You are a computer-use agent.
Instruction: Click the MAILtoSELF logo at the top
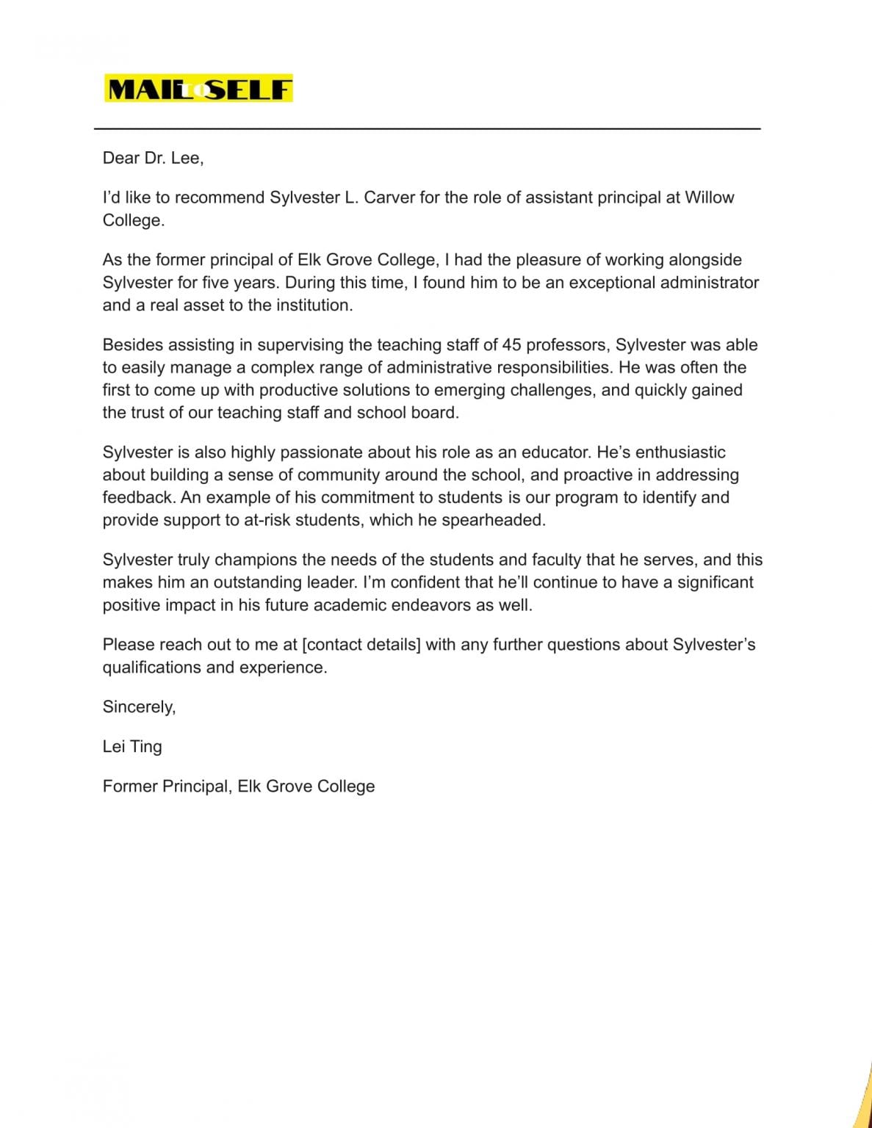pos(198,89)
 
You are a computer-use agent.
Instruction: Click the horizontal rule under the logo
pos(427,129)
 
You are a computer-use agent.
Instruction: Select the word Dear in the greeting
pos(120,158)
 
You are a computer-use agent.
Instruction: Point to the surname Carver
pos(389,198)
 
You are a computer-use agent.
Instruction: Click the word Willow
pos(709,198)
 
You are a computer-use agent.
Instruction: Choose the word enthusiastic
pos(680,452)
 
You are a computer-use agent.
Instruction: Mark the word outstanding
pos(258,583)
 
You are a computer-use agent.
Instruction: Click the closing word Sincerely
pos(139,707)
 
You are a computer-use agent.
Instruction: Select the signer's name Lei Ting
pos(132,747)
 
